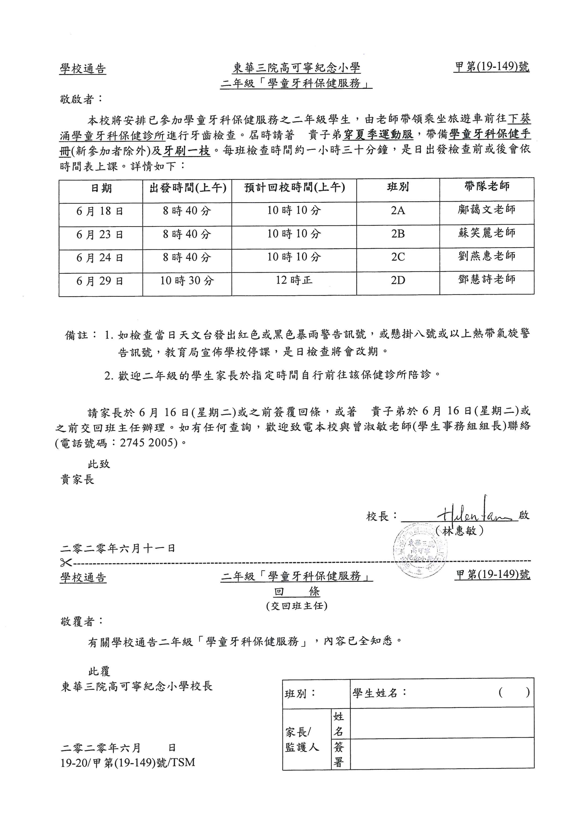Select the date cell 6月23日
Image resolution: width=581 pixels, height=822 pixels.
click(100, 234)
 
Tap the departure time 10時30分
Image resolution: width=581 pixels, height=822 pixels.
click(187, 281)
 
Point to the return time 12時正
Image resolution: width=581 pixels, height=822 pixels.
click(294, 280)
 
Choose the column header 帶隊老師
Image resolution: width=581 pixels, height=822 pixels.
click(487, 187)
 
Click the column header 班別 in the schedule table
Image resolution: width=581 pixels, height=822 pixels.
click(398, 187)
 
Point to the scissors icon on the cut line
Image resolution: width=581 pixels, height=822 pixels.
click(66, 563)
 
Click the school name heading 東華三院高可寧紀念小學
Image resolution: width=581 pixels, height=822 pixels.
click(296, 68)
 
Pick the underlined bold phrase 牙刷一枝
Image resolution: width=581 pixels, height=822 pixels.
click(186, 151)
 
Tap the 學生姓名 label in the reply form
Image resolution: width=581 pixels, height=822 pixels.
click(375, 693)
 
